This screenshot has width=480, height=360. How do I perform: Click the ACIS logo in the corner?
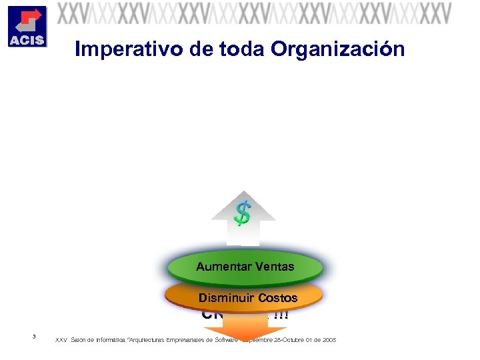pos(27,26)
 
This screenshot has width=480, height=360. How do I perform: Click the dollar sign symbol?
pos(243,213)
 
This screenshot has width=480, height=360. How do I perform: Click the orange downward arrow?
pos(243,329)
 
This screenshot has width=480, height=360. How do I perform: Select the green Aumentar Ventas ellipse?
pos(245,267)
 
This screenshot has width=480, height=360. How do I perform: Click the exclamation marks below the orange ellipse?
pos(281,315)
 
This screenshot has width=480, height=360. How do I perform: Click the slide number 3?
pos(34,336)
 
